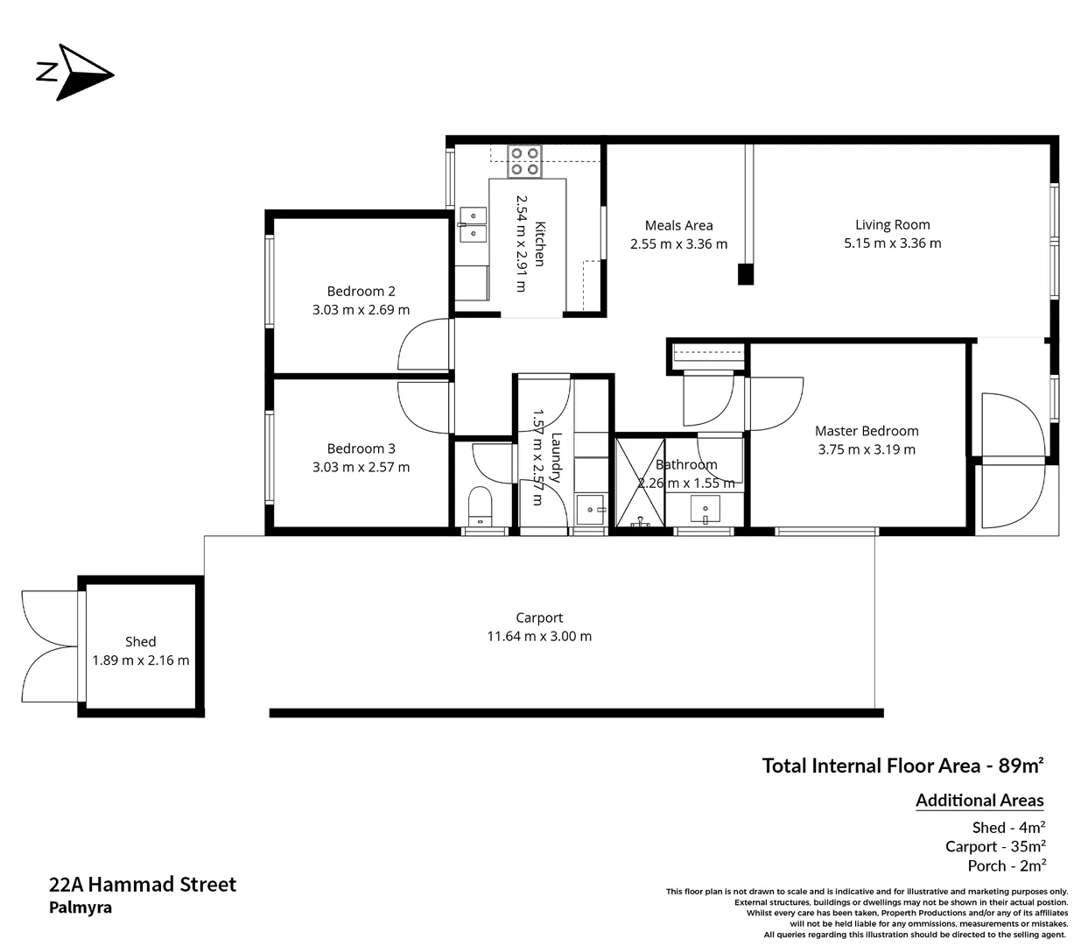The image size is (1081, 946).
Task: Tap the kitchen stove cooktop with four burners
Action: pos(524,161)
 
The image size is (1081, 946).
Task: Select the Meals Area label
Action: pos(678,225)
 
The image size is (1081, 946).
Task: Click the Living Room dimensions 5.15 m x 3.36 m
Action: pos(892,244)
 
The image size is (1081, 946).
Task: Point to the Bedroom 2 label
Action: pos(361,291)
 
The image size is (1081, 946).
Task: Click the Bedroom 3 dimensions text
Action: pos(361,467)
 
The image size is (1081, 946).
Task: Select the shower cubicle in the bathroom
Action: pos(640,483)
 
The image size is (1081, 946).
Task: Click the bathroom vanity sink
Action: pos(705,508)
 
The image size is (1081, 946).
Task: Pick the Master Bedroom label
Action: pos(866,430)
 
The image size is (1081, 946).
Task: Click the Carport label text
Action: pos(538,618)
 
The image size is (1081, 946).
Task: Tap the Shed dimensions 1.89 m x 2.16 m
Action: pos(141,660)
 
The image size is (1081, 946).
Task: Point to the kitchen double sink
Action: pos(473,224)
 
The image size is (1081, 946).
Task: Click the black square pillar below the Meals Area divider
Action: pos(745,274)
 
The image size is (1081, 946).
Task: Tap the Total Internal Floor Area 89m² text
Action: pos(902,766)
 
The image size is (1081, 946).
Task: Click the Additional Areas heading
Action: pos(979,800)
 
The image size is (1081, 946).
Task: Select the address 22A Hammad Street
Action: pos(143,884)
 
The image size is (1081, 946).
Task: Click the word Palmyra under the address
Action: pos(81,908)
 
